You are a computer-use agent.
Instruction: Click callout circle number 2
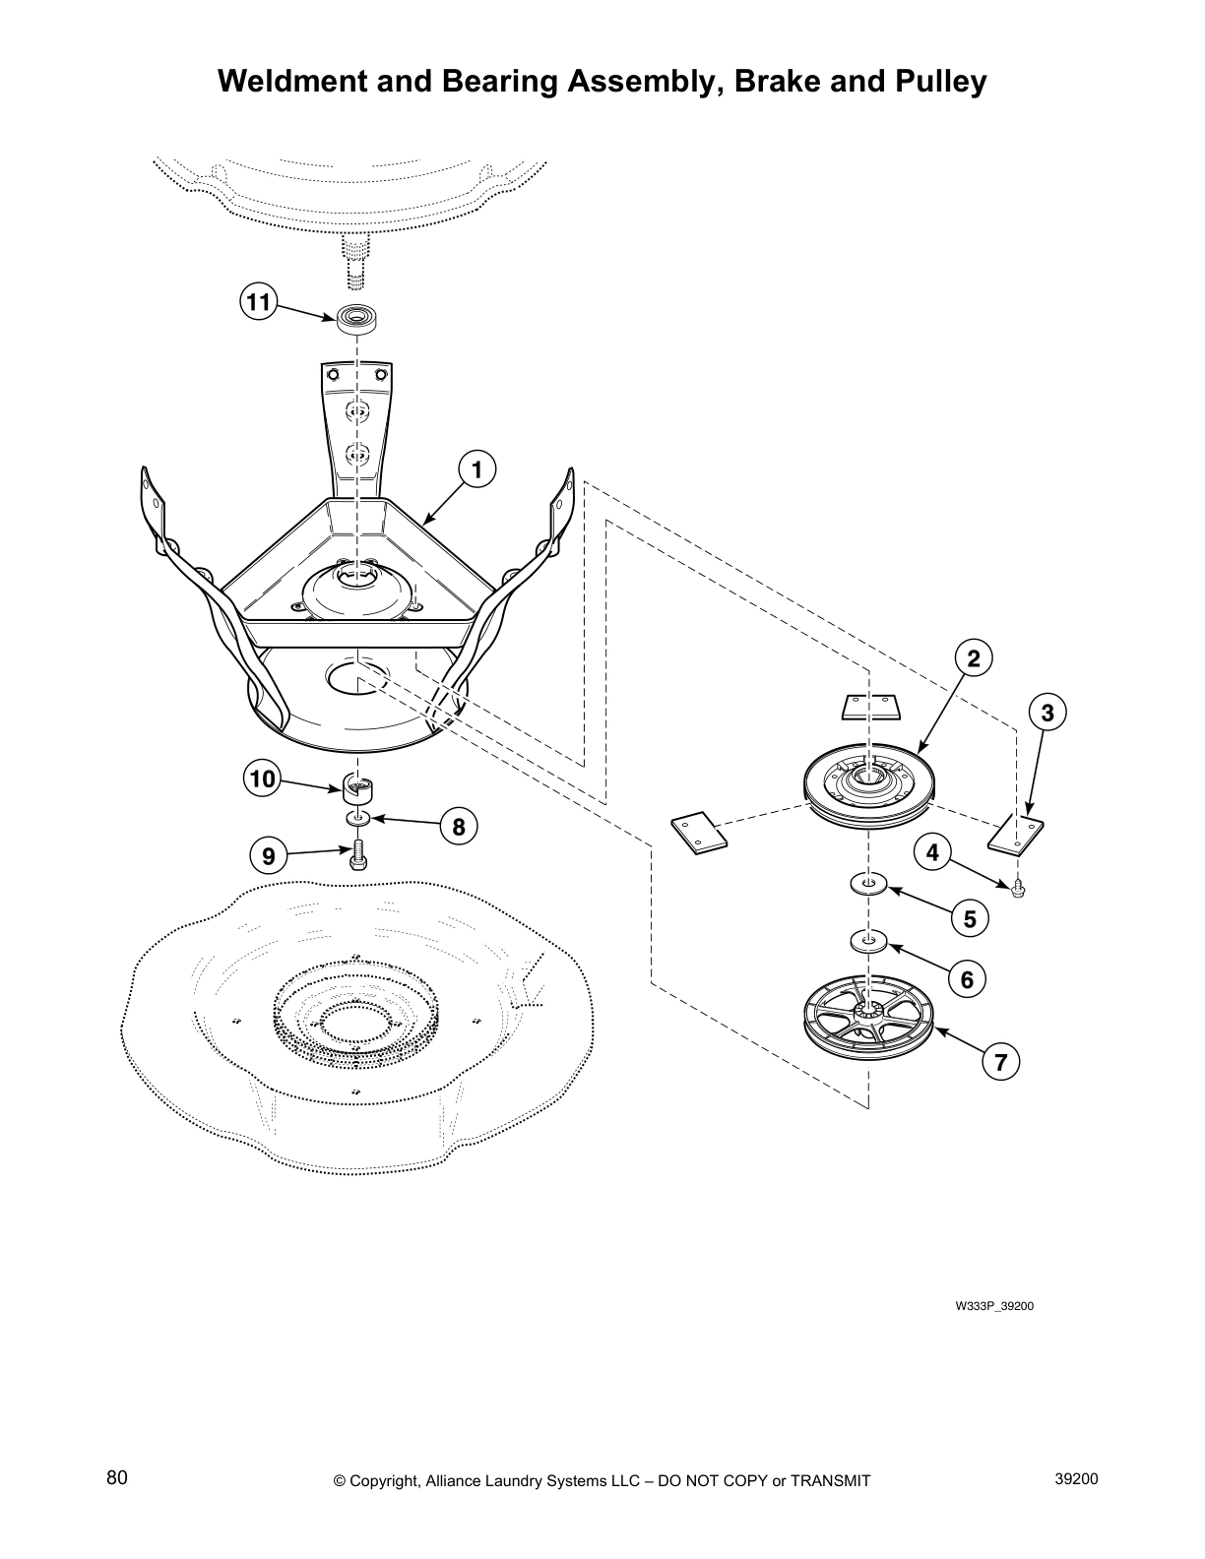[x=973, y=659]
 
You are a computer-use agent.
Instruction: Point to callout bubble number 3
[x=1047, y=713]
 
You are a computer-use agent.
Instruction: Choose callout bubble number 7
[x=1000, y=1062]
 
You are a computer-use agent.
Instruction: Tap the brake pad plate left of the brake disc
[x=698, y=831]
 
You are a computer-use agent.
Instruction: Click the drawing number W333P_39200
[x=994, y=1307]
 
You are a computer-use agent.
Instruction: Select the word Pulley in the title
[x=936, y=82]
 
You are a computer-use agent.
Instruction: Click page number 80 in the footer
[x=117, y=1477]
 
